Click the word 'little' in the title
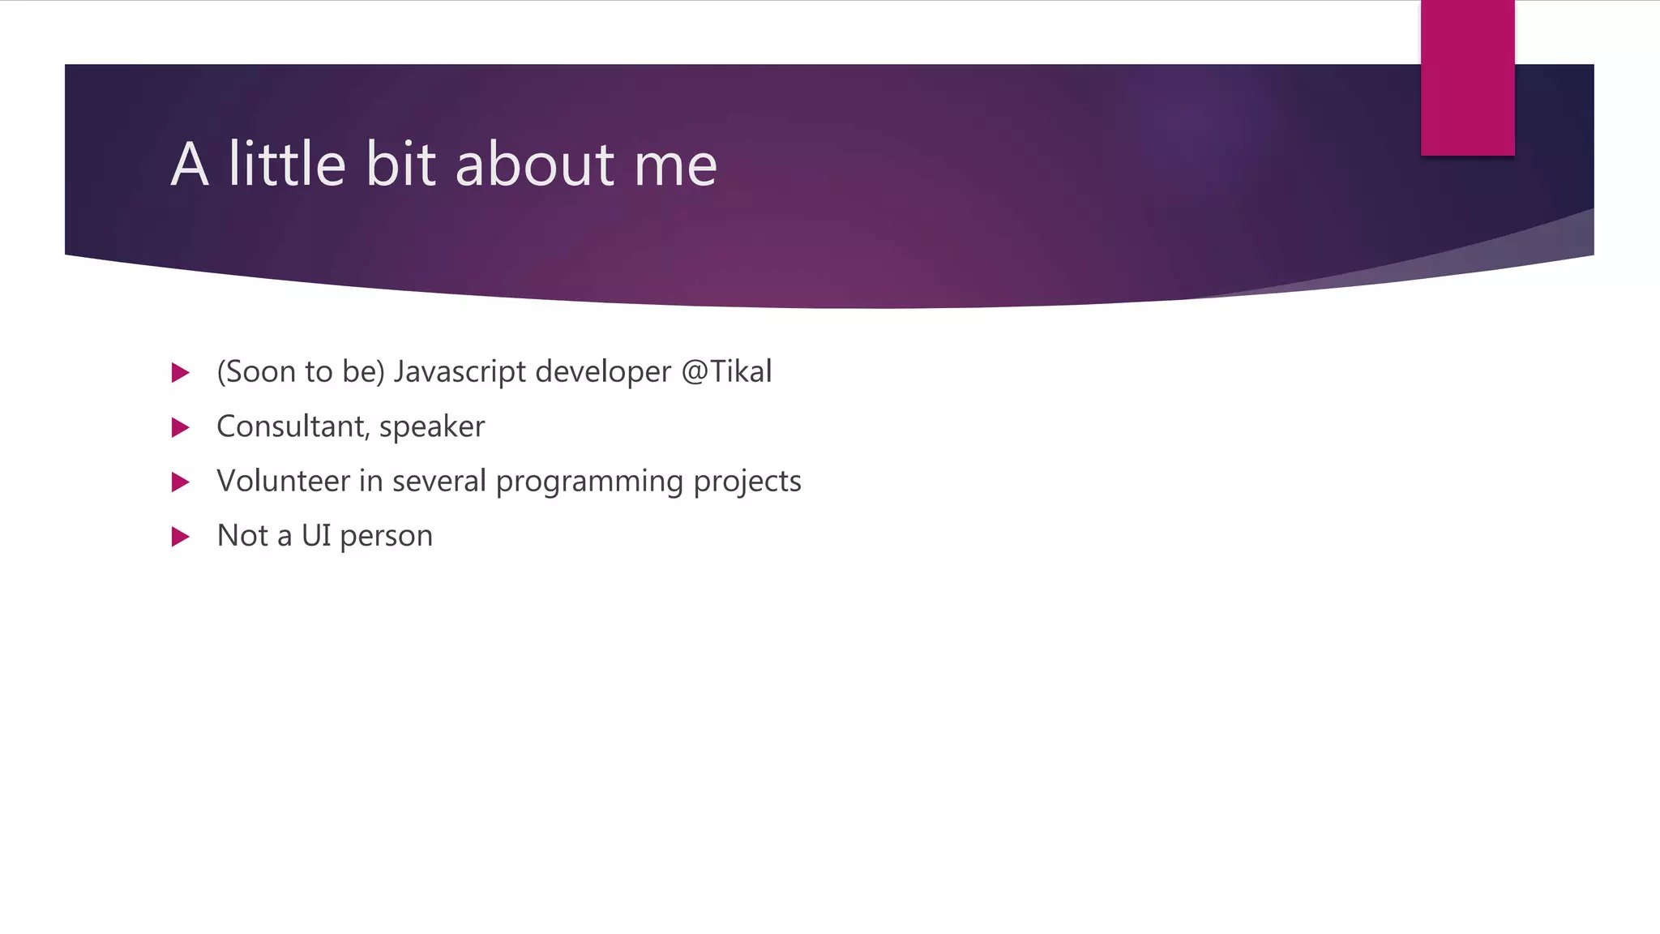pos(287,164)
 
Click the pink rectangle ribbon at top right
pos(1467,77)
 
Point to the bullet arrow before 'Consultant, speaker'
pos(181,427)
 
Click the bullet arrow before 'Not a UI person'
pos(181,537)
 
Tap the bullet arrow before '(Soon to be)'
pos(181,373)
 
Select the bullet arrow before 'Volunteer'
pos(181,482)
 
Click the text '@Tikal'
pos(726,371)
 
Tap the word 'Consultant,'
pos(293,426)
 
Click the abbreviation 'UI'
pos(316,536)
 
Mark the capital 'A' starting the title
pos(190,165)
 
